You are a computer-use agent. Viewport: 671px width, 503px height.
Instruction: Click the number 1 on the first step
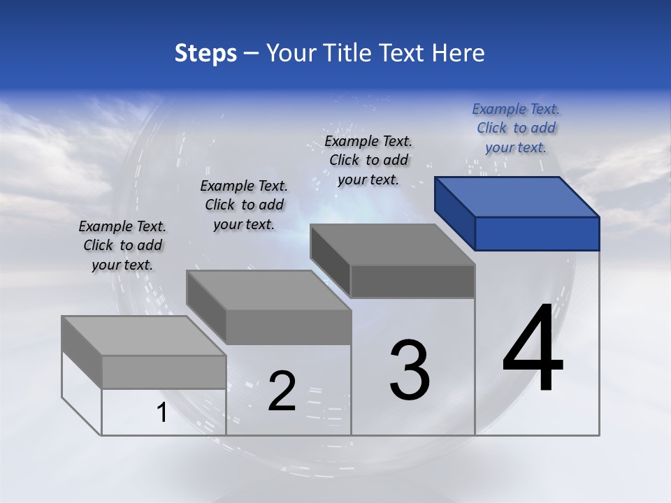[162, 413]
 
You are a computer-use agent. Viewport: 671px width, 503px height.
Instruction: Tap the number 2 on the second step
[282, 391]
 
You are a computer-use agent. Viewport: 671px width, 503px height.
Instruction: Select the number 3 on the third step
[410, 370]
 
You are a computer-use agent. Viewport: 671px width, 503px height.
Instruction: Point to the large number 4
[533, 349]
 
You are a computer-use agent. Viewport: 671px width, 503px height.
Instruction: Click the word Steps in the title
[205, 53]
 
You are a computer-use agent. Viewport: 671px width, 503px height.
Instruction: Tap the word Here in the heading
[459, 53]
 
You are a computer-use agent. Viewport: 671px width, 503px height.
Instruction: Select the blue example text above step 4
[516, 128]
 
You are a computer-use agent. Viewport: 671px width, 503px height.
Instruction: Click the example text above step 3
[369, 160]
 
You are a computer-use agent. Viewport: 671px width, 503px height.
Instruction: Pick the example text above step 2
[244, 205]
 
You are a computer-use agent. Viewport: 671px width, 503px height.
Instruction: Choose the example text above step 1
[122, 245]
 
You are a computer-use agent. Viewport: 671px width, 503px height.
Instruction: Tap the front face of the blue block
[537, 233]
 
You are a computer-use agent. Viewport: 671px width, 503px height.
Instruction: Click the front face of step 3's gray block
[412, 282]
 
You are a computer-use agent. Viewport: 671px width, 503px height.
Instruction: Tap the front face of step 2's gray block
[288, 327]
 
